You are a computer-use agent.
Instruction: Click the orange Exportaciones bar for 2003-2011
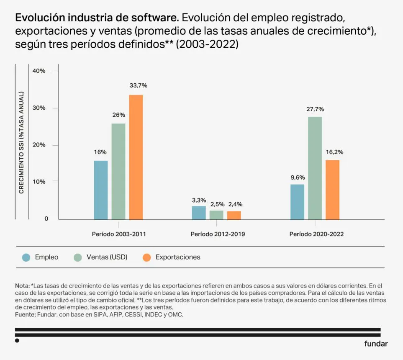(136, 157)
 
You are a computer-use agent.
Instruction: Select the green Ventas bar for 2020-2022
(315, 168)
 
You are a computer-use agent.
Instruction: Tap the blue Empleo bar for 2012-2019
(199, 213)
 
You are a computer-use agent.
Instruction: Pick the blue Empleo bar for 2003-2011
(101, 190)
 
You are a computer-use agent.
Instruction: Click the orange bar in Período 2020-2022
(333, 190)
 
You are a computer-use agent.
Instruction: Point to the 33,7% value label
(138, 85)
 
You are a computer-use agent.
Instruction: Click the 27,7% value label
(315, 109)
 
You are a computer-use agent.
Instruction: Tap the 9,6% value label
(298, 177)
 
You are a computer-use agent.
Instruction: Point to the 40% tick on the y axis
(39, 71)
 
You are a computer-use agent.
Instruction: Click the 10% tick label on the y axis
(39, 182)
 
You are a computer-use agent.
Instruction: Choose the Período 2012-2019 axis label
(218, 234)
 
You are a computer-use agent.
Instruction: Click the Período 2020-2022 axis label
(316, 234)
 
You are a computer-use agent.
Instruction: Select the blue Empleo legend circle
(26, 257)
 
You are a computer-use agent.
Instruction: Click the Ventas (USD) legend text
(107, 257)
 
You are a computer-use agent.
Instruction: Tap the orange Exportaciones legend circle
(146, 257)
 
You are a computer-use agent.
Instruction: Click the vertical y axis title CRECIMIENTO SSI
(21, 142)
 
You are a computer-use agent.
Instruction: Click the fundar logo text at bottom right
(376, 344)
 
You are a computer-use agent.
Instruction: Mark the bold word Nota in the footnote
(22, 286)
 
